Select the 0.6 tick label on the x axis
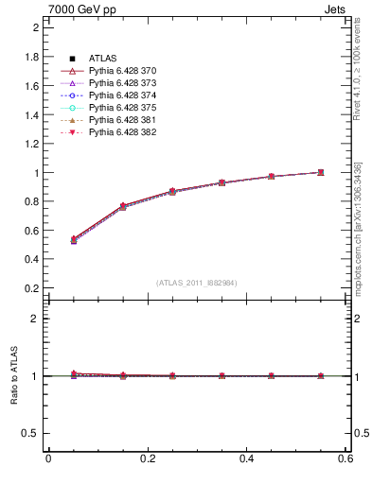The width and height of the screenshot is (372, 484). pyautogui.click(x=346, y=458)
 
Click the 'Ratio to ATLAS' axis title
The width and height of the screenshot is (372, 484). pyautogui.click(x=15, y=376)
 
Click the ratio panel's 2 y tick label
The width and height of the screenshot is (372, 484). pyautogui.click(x=35, y=319)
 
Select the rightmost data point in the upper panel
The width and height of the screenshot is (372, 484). pyautogui.click(x=321, y=172)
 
